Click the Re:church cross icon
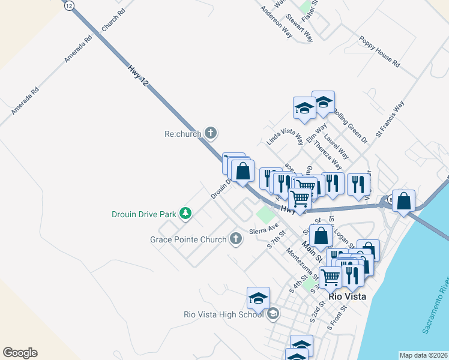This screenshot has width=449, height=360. (x=210, y=133)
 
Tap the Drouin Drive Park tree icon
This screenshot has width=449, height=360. (x=186, y=213)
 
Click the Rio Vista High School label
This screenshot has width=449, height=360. (x=223, y=314)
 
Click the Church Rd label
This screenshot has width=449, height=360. (x=113, y=20)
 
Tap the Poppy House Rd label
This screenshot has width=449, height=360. (x=380, y=51)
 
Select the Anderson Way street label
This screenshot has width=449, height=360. (x=276, y=22)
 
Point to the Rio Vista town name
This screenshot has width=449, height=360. (x=348, y=296)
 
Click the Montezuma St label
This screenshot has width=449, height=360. (x=303, y=265)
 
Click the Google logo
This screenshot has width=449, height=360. (x=20, y=353)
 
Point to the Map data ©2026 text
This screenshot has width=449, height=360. (x=424, y=355)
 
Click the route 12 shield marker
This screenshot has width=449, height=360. (x=69, y=5)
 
